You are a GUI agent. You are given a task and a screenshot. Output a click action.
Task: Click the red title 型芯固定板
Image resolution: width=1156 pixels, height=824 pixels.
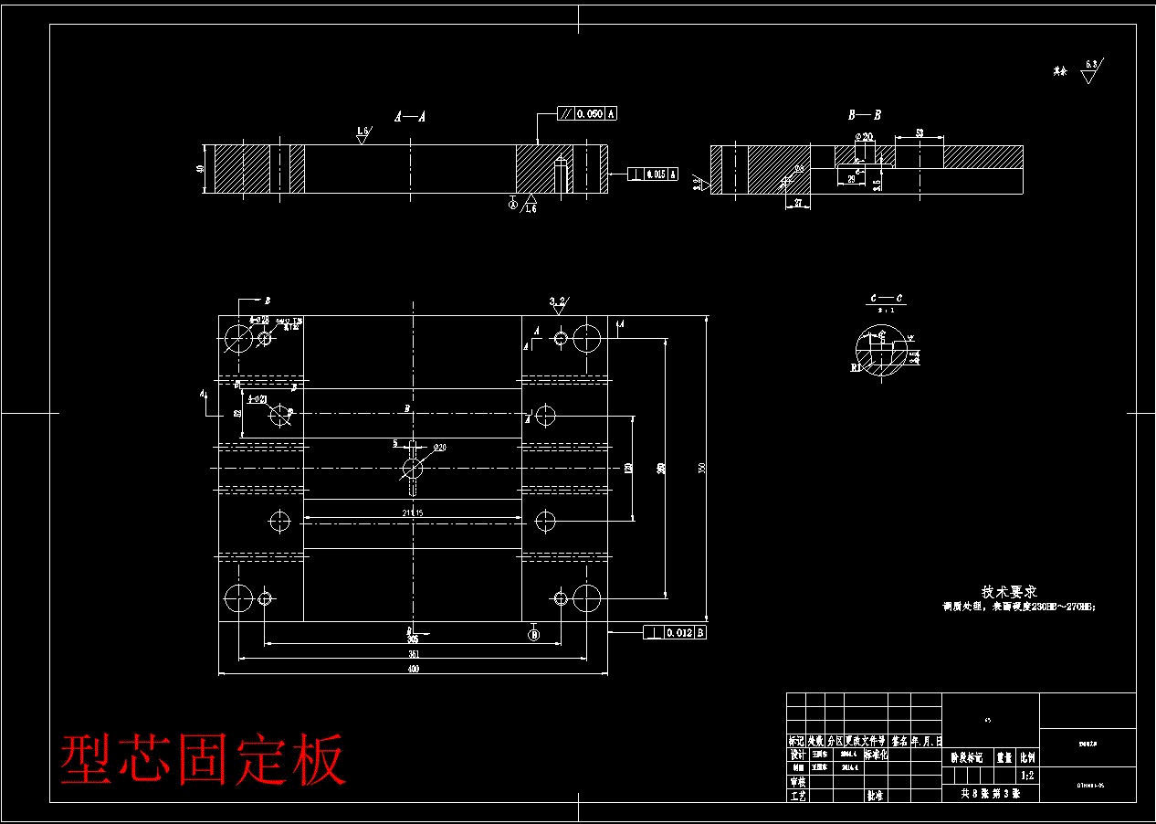203,758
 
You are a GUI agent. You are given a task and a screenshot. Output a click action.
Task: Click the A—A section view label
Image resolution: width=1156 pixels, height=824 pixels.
411,117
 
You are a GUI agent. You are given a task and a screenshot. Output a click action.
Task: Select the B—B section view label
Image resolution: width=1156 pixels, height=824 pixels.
865,115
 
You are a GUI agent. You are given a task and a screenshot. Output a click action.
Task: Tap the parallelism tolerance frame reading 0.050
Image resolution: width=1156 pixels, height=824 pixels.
587,114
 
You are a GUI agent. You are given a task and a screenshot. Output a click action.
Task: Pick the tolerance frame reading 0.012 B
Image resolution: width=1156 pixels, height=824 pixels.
675,632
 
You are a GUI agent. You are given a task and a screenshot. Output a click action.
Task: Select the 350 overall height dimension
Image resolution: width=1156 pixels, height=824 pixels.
701,468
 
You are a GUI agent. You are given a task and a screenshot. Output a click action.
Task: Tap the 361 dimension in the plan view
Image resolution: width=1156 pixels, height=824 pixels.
413,654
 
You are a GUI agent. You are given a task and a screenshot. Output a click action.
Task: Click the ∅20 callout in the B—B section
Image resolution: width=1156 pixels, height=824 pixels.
863,137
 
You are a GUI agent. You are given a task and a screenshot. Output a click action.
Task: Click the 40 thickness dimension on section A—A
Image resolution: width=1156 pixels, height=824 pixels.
200,169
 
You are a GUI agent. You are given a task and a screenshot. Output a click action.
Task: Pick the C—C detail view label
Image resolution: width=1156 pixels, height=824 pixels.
886,299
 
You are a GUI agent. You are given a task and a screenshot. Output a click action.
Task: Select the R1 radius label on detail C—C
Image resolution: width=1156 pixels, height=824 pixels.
856,366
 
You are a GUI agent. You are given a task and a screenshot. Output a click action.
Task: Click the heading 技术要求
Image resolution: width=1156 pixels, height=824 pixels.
1009,592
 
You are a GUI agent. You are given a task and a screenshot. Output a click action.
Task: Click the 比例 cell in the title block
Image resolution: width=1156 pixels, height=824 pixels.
1027,757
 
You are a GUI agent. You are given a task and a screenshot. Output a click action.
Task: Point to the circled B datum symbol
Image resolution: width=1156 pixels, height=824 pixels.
534,634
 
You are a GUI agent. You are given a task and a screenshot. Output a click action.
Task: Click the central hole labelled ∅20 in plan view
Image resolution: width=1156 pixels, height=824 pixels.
413,469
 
